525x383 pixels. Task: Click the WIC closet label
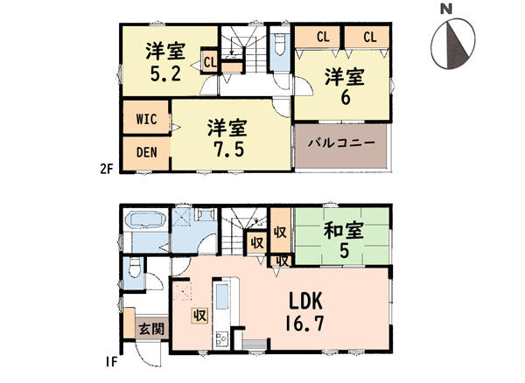(147, 119)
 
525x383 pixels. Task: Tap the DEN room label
(147, 152)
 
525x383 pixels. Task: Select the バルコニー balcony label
(341, 143)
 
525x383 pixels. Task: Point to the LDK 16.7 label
(304, 311)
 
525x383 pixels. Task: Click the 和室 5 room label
(344, 240)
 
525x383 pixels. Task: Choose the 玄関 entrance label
(151, 329)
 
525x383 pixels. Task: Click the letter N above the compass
(446, 9)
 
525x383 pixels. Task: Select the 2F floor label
(106, 170)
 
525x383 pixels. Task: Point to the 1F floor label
(111, 362)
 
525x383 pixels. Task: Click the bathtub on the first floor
(145, 220)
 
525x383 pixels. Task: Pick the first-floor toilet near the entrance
(134, 267)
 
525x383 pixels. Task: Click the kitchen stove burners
(221, 339)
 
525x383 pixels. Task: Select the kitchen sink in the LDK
(221, 296)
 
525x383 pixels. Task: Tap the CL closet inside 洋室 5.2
(210, 61)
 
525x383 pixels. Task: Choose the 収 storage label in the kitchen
(199, 315)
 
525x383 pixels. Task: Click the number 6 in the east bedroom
(345, 98)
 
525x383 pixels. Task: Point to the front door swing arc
(144, 357)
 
